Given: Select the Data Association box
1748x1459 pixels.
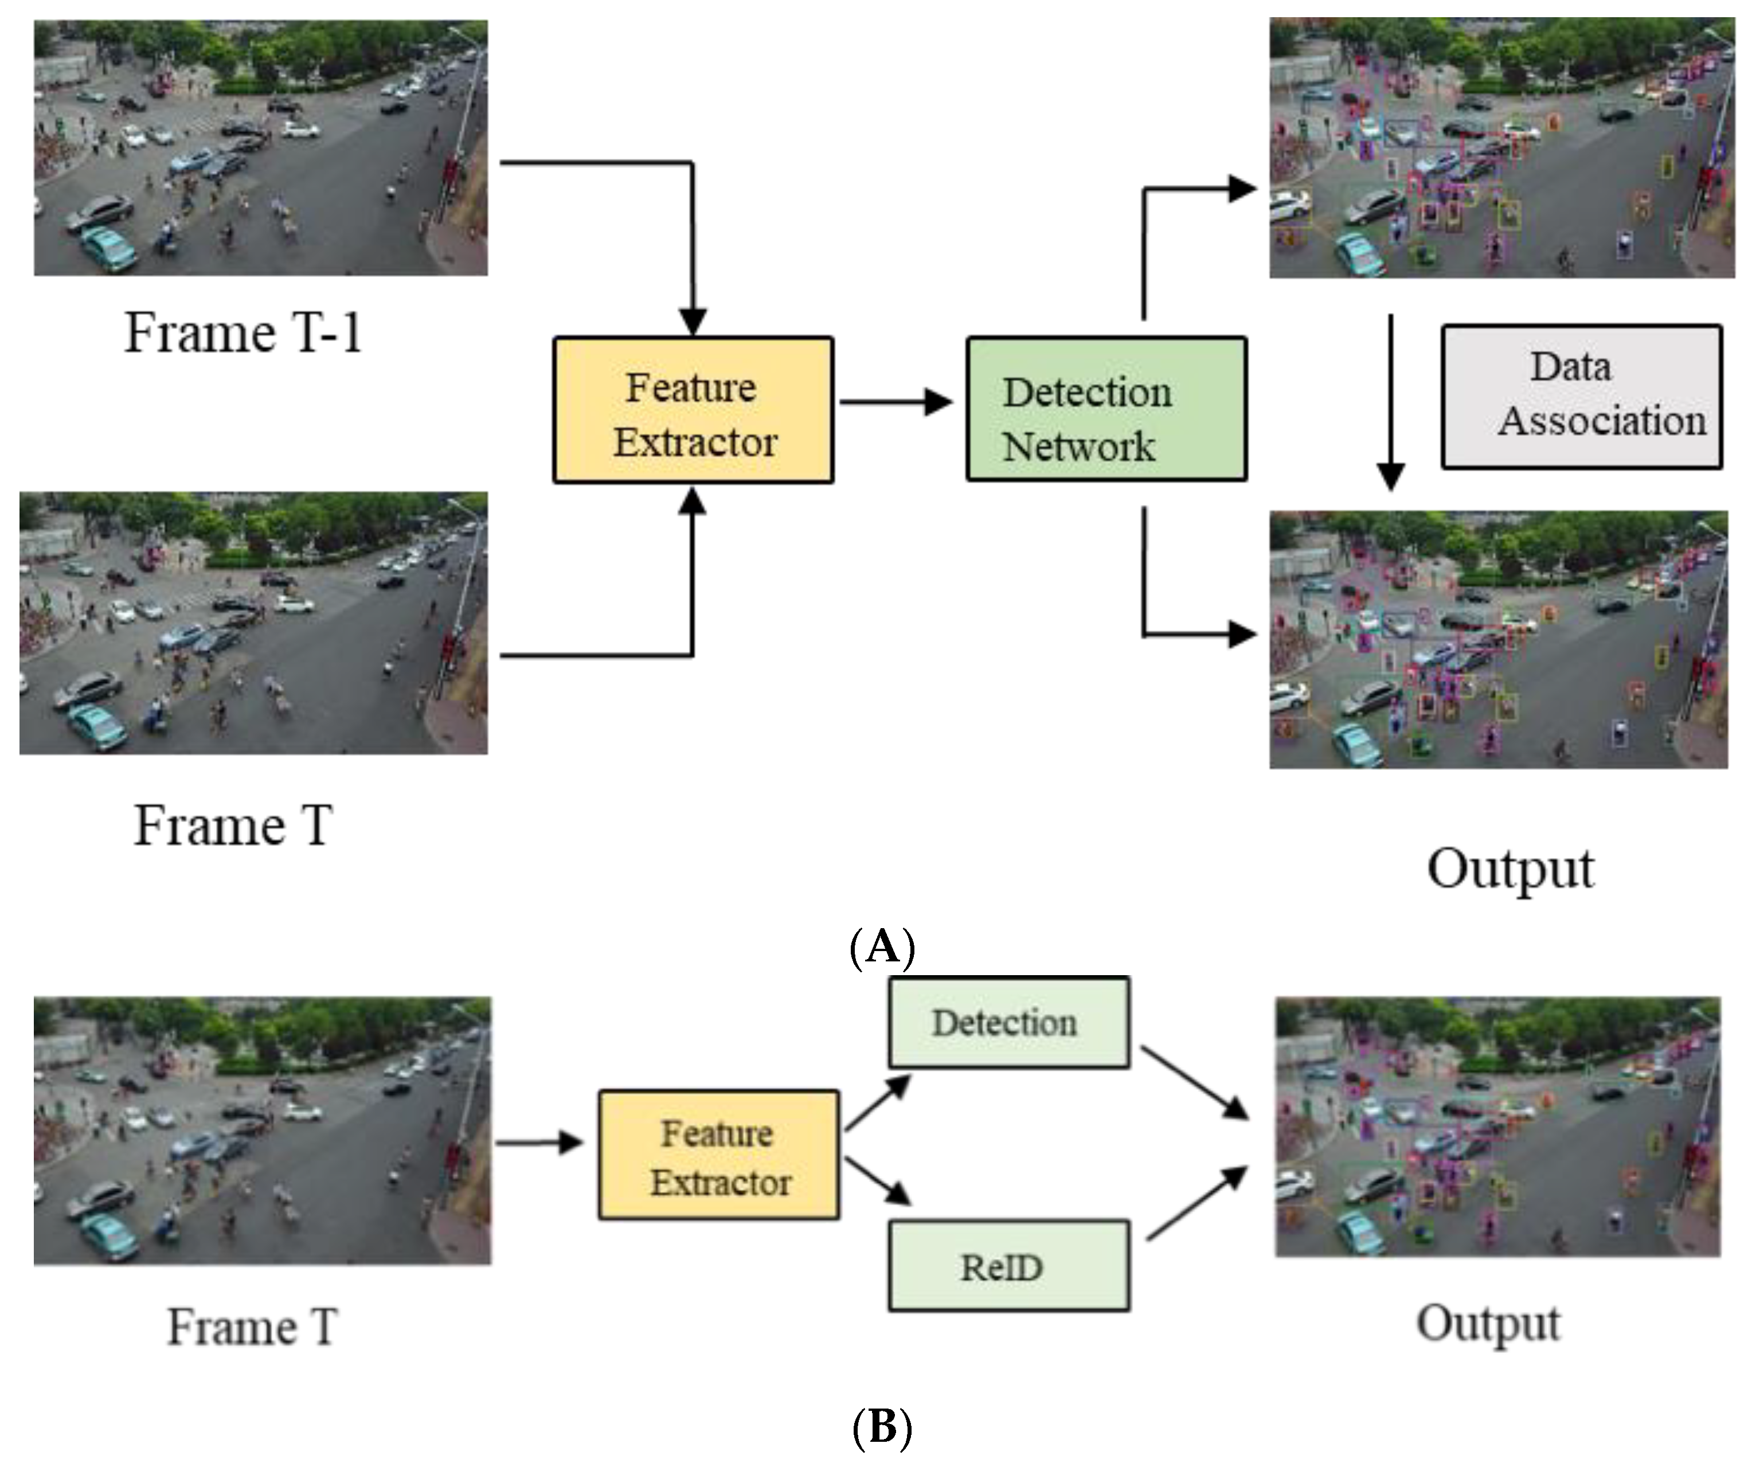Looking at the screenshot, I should tap(1582, 396).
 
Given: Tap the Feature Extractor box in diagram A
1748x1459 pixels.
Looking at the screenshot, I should tap(693, 409).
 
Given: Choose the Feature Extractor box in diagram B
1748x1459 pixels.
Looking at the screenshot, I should tap(718, 1155).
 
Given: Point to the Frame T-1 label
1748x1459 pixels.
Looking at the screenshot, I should tap(243, 333).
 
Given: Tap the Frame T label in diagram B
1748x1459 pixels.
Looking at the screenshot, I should tap(252, 1326).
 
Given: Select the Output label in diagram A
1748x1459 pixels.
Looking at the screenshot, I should tap(1510, 869).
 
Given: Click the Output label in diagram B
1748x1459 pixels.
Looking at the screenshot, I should tap(1488, 1323).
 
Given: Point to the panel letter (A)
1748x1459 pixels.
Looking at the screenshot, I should tap(882, 946).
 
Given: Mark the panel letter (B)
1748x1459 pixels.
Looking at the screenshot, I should tap(882, 1426).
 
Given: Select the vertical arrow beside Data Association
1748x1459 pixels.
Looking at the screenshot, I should tap(1390, 400).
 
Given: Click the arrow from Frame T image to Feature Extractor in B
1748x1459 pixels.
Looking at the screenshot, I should tap(539, 1142).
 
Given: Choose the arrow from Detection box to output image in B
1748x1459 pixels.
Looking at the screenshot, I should tap(1194, 1082).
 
